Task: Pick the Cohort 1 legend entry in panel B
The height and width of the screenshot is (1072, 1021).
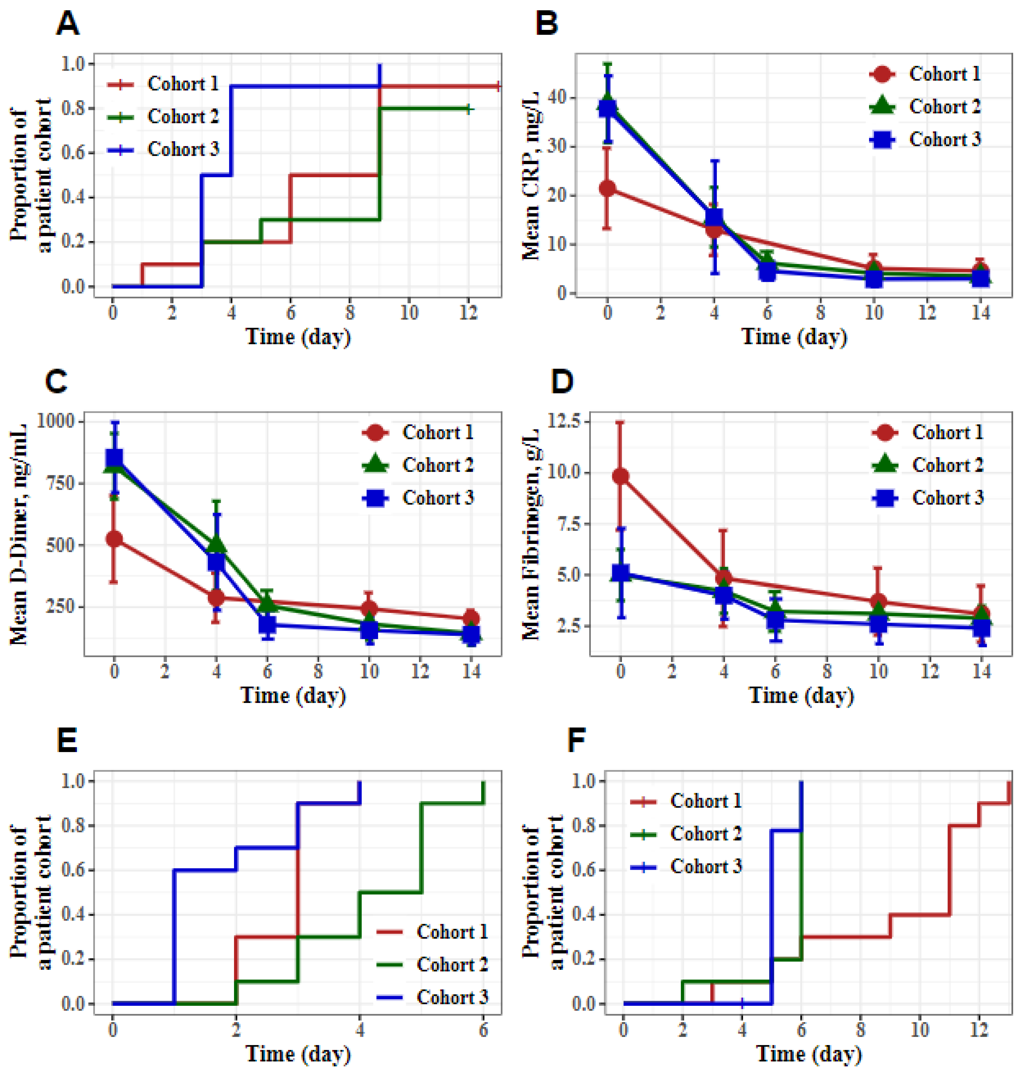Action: point(925,74)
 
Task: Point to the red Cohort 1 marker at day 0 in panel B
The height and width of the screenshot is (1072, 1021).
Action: point(607,189)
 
